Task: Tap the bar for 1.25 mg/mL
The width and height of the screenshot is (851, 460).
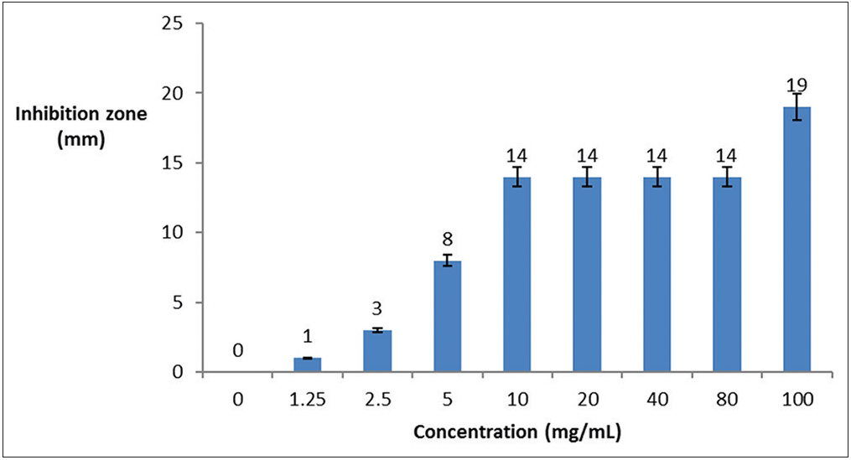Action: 308,365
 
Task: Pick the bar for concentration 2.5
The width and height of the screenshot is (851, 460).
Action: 377,351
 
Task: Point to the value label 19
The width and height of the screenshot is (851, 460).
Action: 797,84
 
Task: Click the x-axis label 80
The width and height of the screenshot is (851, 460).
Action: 727,399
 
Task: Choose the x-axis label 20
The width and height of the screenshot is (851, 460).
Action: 587,399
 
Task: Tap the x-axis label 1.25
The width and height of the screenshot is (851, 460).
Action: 308,399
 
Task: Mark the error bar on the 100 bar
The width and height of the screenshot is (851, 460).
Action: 797,106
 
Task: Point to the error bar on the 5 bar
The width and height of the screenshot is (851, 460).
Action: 448,260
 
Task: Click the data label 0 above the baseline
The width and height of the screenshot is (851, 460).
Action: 238,350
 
